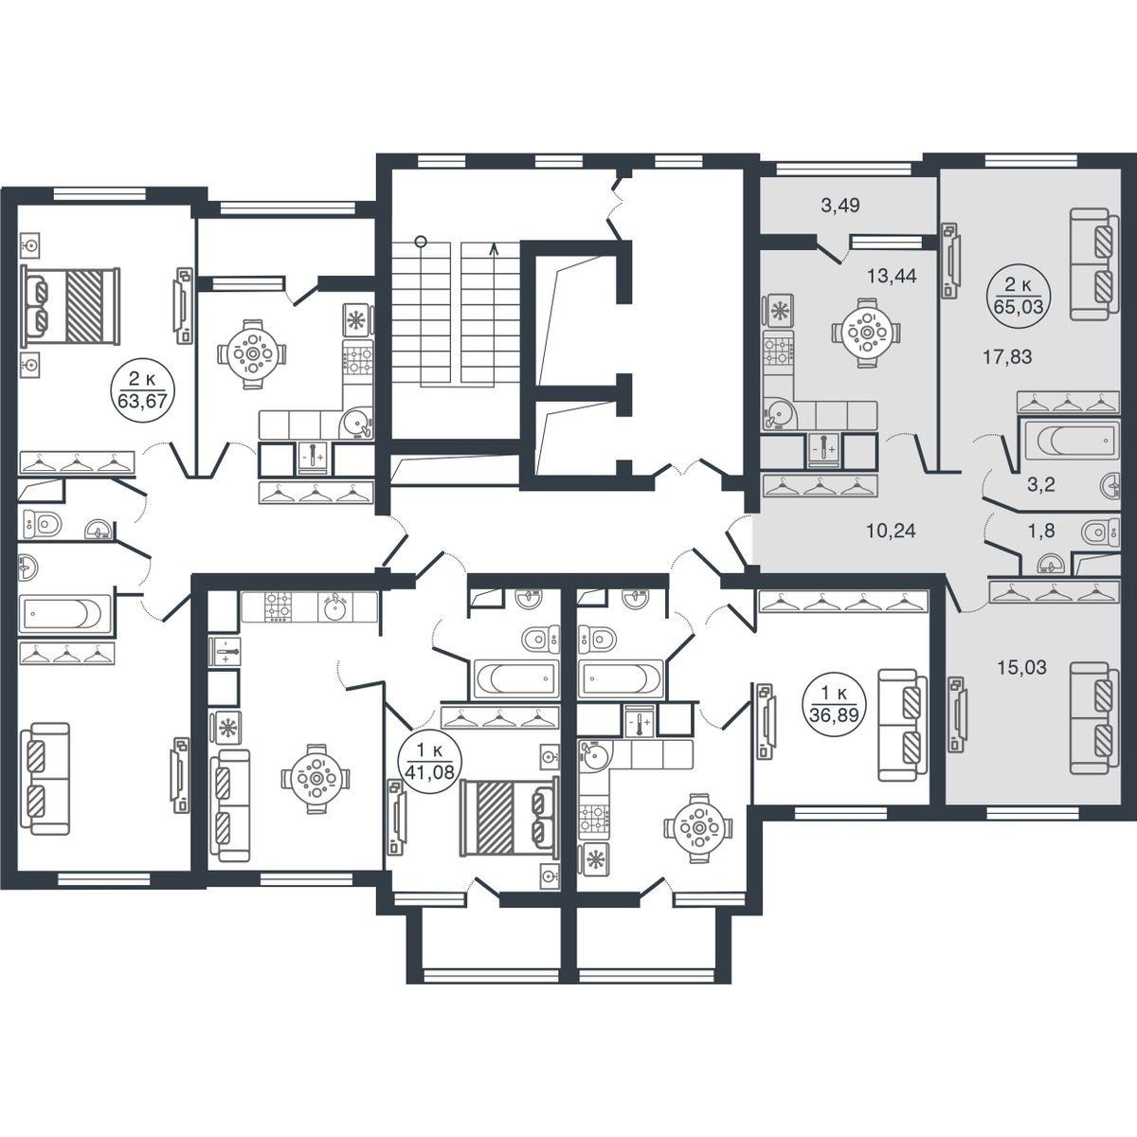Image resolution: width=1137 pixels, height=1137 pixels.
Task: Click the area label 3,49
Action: click(840, 206)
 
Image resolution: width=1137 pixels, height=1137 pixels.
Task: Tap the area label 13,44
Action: click(891, 276)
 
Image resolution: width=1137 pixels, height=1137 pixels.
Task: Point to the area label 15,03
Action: click(1022, 668)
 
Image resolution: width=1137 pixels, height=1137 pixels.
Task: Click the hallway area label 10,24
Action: click(891, 531)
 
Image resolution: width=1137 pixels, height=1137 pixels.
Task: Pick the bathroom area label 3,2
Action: click(1040, 485)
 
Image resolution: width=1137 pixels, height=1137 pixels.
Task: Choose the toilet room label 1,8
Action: click(1041, 531)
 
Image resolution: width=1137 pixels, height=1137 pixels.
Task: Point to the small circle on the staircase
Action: click(420, 241)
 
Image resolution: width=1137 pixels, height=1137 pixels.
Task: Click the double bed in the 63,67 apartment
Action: click(69, 306)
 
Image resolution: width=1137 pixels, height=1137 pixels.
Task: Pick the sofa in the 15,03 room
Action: click(1094, 717)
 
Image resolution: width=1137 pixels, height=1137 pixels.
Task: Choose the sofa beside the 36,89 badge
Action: click(902, 725)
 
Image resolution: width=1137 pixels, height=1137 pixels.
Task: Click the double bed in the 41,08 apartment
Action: click(509, 816)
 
